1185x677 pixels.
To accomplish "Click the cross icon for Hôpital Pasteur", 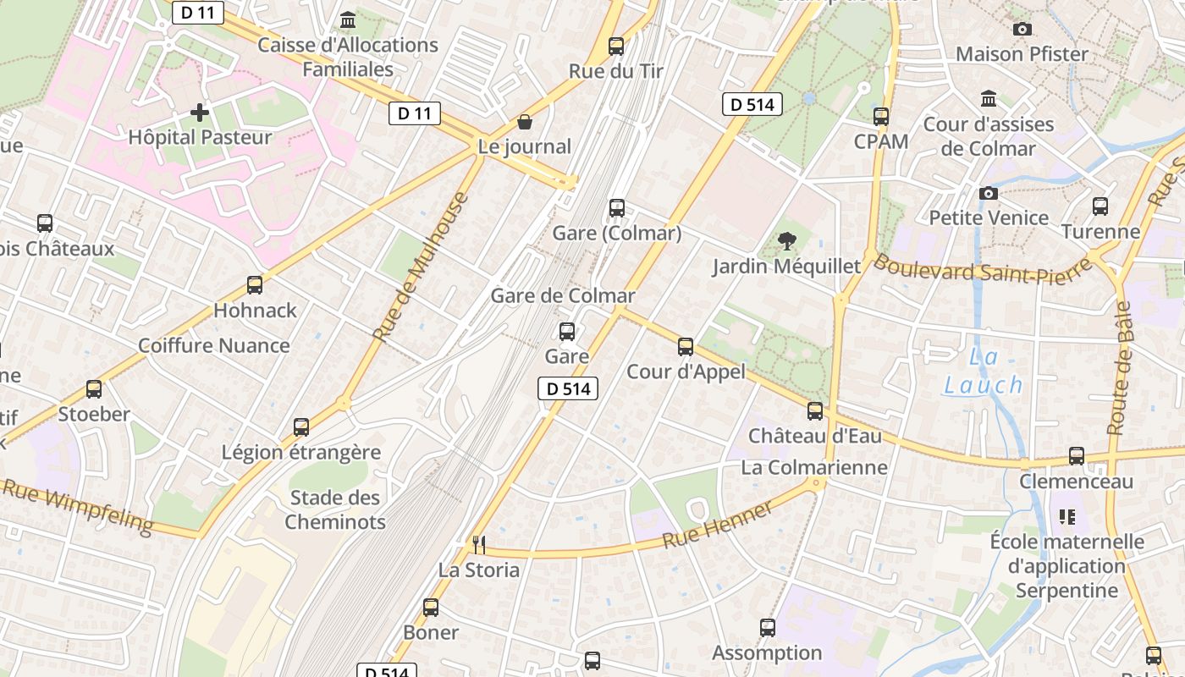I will click(200, 113).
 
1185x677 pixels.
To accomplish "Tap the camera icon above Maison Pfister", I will click(1022, 30).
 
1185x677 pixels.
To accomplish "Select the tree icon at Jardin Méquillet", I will click(786, 241).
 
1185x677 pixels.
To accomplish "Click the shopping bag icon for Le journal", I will click(525, 123).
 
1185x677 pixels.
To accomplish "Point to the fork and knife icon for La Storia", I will click(479, 544).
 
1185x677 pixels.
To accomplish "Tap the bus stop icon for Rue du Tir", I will click(616, 47).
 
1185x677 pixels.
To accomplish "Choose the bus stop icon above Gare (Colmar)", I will click(617, 208).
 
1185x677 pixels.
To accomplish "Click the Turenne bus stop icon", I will click(1100, 206).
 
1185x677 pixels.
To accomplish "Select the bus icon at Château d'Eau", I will click(815, 411).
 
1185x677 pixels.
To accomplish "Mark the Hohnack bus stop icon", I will click(255, 285).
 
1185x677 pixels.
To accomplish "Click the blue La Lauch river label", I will click(984, 372).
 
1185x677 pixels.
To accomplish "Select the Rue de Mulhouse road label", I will click(421, 267).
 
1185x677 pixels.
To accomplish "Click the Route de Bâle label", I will click(1120, 368).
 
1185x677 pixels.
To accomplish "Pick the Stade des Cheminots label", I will click(335, 509).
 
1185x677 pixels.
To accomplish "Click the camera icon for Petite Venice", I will click(988, 194).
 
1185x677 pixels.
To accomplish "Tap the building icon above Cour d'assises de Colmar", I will click(989, 99).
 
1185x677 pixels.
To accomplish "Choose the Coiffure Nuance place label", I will click(214, 345).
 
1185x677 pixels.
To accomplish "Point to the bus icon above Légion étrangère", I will click(301, 427).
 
